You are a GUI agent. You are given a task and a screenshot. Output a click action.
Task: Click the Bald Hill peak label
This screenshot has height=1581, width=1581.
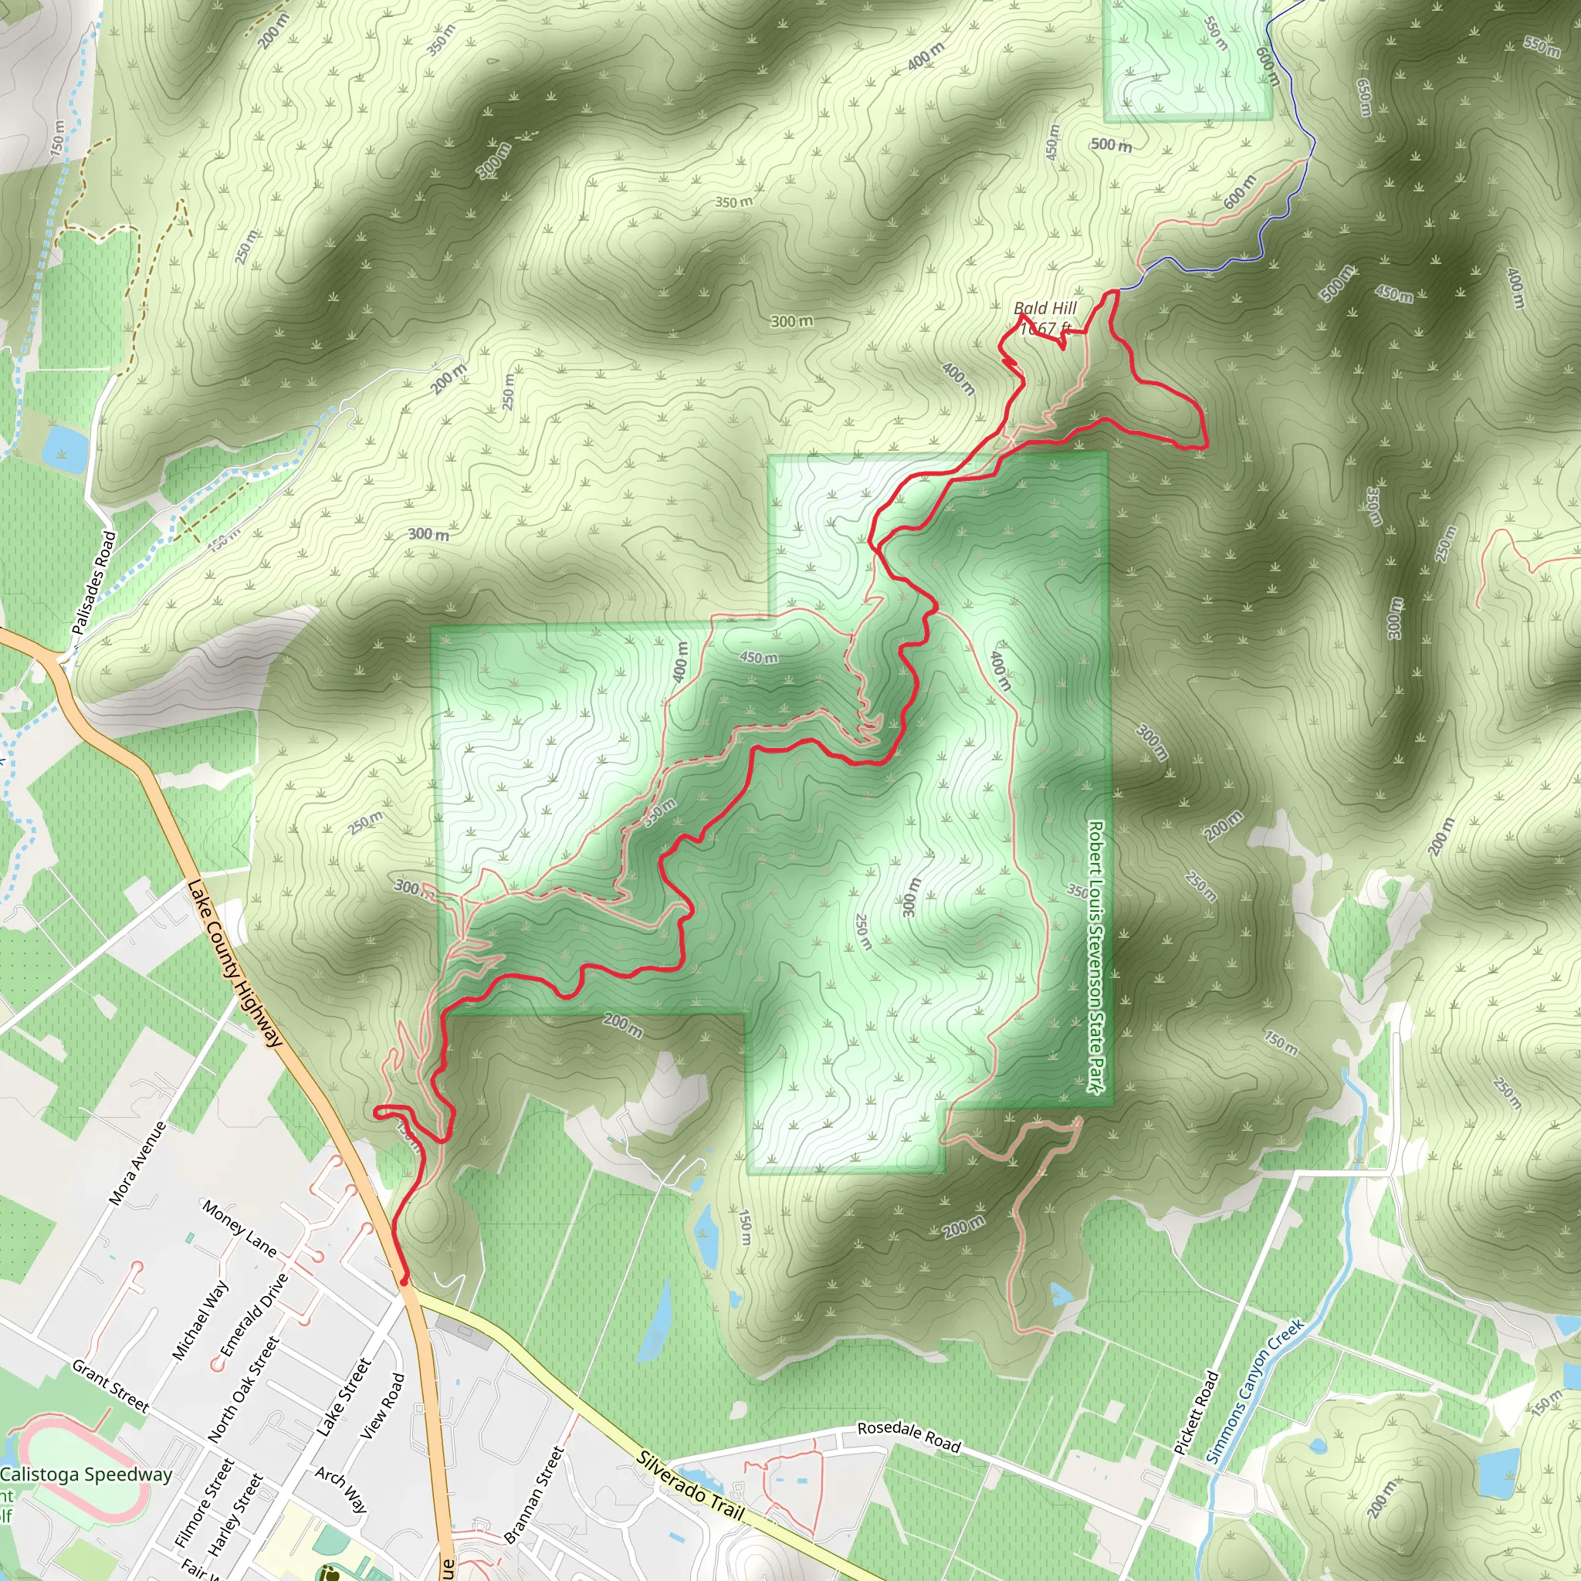pyautogui.click(x=1045, y=309)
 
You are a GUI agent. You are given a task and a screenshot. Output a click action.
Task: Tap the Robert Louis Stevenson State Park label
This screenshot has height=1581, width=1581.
pyautogui.click(x=1095, y=956)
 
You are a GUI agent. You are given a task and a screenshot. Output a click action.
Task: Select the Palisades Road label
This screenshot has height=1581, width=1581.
pyautogui.click(x=94, y=583)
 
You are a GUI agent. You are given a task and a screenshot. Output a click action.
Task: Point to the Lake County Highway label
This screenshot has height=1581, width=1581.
pyautogui.click(x=235, y=963)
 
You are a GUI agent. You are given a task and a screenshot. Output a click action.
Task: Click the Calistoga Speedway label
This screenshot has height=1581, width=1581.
pyautogui.click(x=86, y=1474)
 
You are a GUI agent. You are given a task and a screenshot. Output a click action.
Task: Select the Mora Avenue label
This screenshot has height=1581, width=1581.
pyautogui.click(x=137, y=1163)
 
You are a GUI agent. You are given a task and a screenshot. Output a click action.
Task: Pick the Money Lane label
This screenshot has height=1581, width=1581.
pyautogui.click(x=239, y=1228)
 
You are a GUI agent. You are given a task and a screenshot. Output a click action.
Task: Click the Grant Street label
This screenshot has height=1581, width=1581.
pyautogui.click(x=110, y=1386)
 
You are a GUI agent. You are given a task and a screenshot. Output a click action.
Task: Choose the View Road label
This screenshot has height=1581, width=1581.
pyautogui.click(x=382, y=1407)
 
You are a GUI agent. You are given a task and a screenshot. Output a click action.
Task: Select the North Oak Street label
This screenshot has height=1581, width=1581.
pyautogui.click(x=243, y=1390)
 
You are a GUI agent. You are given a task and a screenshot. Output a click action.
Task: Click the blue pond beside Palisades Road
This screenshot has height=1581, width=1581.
pyautogui.click(x=66, y=449)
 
